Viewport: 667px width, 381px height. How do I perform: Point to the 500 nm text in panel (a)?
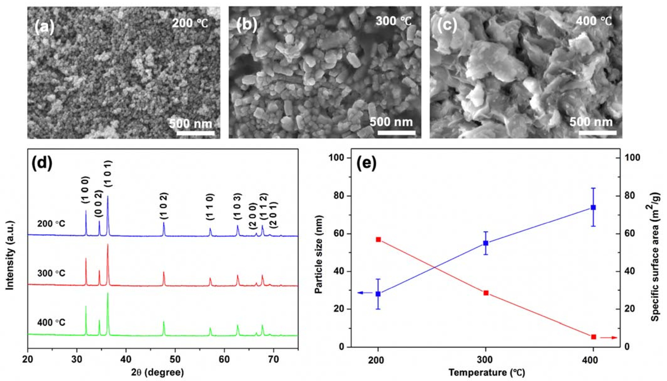(190, 123)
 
